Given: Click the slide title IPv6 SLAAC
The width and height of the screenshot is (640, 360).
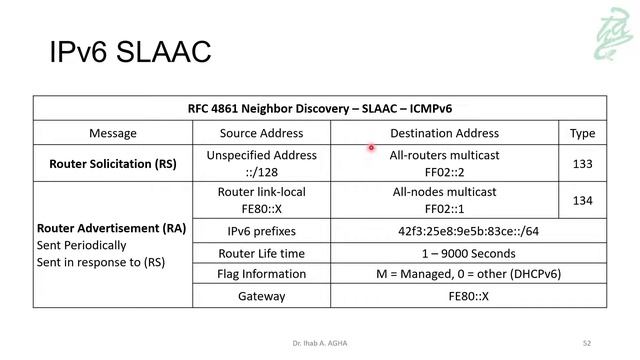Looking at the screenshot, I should (130, 51).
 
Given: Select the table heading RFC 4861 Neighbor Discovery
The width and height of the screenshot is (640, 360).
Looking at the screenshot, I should (320, 108).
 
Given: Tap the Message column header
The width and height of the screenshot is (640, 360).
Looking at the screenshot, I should (113, 133).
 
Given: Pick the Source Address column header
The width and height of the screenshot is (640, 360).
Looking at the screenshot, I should (261, 133).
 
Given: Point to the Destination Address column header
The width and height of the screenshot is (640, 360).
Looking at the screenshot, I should (444, 133).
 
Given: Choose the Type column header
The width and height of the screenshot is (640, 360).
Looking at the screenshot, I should (582, 133).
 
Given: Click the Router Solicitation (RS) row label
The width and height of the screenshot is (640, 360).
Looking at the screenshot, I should (113, 163).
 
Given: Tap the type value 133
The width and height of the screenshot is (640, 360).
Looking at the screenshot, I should (582, 163).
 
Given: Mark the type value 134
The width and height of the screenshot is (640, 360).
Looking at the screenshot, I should (582, 201).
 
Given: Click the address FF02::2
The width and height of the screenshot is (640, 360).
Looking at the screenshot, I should (445, 171).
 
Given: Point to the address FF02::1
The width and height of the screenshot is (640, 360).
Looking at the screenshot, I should (445, 208).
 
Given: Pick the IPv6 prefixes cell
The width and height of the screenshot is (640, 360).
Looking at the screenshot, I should (261, 231).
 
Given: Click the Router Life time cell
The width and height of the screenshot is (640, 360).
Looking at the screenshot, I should (261, 253).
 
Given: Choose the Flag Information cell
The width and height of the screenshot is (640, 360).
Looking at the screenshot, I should (261, 274).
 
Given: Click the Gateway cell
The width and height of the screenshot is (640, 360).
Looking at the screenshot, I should (261, 296).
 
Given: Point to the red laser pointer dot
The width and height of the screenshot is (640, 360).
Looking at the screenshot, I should (370, 148).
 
